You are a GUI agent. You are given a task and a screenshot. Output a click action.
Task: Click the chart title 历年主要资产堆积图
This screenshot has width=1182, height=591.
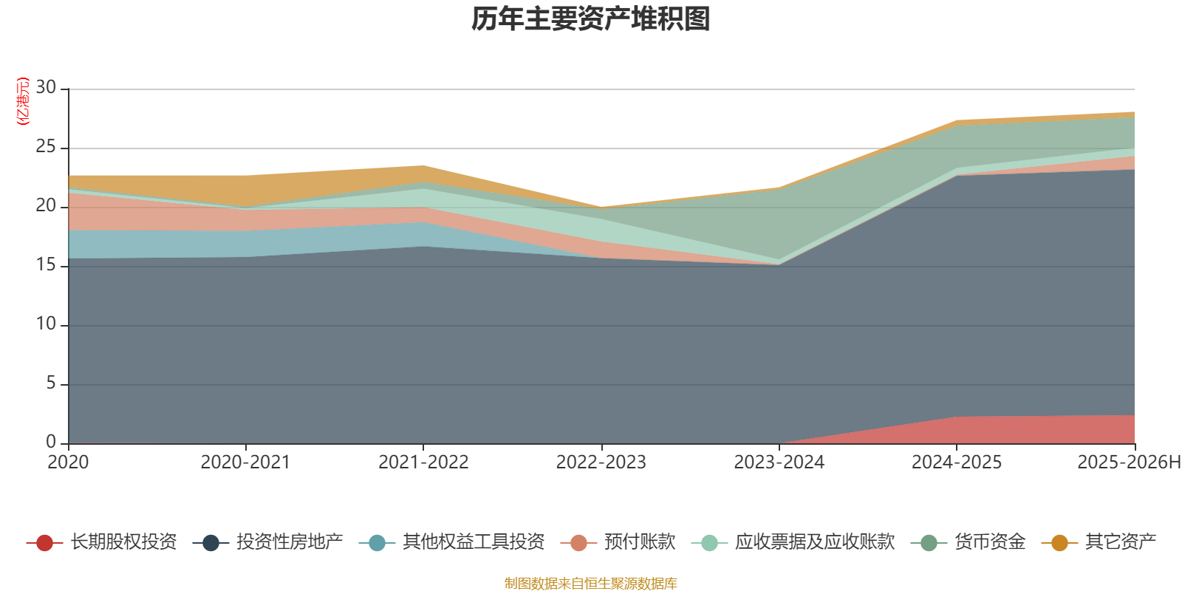591,19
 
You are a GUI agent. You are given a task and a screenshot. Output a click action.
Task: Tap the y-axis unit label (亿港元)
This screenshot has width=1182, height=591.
22,101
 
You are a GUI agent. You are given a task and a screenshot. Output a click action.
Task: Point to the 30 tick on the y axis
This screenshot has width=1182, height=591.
46,88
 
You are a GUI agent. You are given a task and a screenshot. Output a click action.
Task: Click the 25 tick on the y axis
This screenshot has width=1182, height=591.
46,147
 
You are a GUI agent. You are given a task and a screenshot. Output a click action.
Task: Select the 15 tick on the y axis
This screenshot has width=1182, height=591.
46,265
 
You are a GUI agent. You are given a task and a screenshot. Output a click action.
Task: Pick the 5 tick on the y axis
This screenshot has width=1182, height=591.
50,383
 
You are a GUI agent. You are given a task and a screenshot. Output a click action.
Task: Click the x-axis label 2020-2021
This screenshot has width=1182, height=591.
245,462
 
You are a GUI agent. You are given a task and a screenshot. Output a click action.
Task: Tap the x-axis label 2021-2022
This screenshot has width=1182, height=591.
423,462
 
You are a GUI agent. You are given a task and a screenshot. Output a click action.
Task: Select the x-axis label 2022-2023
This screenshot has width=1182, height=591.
601,462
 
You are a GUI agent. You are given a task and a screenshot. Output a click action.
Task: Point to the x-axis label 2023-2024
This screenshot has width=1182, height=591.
779,462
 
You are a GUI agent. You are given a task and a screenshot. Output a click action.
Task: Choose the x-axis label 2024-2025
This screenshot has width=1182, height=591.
956,462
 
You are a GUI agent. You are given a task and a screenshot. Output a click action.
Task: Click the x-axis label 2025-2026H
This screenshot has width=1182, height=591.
1128,462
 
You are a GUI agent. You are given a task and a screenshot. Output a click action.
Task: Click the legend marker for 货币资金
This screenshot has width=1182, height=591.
929,543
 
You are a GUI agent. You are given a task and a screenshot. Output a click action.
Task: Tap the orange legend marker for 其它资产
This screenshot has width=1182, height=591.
1059,543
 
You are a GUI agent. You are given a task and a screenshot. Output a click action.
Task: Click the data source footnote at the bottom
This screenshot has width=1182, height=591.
591,584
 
